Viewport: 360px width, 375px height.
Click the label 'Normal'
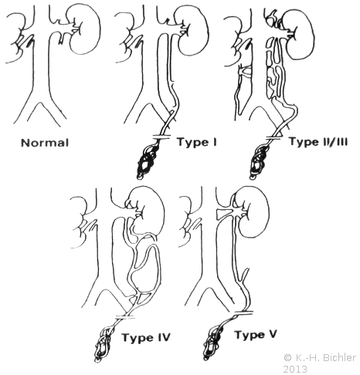[x=45, y=143]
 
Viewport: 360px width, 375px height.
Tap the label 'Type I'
[x=197, y=142]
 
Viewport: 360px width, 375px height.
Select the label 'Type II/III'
[x=318, y=142]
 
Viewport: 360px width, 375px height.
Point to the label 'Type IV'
[x=146, y=337]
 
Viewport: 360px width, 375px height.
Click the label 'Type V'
[x=256, y=335]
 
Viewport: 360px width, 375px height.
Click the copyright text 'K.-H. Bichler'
[x=324, y=357]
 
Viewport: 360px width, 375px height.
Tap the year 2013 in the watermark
[x=295, y=369]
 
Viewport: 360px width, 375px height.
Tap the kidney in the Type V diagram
[x=255, y=212]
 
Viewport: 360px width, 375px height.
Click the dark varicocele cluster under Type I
[x=148, y=161]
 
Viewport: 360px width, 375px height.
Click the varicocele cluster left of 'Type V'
[x=212, y=342]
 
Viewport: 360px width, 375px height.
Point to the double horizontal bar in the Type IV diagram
[x=125, y=317]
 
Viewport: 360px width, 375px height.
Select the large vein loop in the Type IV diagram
[x=155, y=270]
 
